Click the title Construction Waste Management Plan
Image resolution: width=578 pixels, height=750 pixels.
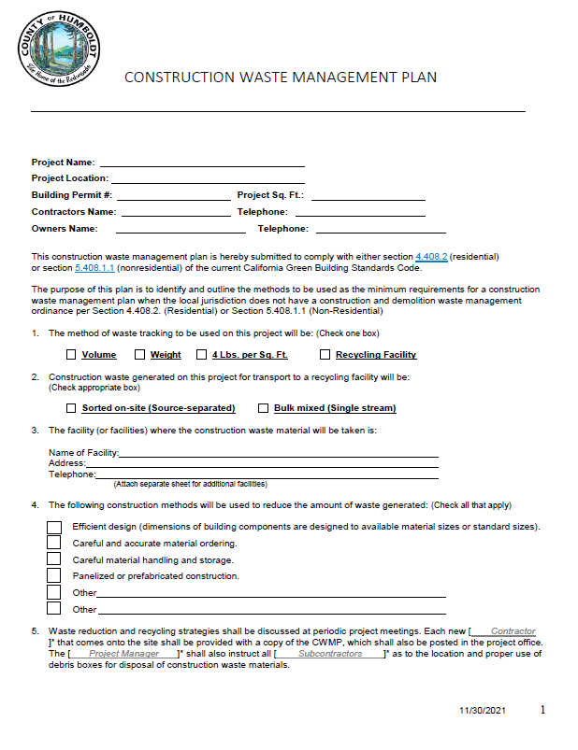[281, 77]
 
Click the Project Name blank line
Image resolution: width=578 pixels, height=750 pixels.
[202, 163]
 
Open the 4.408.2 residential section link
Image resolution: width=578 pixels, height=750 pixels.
[432, 256]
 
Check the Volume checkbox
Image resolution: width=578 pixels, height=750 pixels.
[71, 355]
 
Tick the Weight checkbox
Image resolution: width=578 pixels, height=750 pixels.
[139, 355]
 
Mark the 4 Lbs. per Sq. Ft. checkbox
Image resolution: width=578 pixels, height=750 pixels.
[201, 355]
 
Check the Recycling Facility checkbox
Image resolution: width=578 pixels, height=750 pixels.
[325, 355]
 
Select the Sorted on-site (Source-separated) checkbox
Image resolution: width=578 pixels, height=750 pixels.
[71, 408]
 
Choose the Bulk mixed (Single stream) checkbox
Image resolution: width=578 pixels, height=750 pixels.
[265, 408]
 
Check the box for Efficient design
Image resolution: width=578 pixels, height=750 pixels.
[54, 527]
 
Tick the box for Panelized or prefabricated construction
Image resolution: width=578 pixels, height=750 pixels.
[54, 576]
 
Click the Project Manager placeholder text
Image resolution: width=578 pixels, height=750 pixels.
[123, 654]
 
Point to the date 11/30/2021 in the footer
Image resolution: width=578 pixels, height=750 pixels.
[482, 712]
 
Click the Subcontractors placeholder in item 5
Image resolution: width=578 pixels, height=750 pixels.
[330, 654]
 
